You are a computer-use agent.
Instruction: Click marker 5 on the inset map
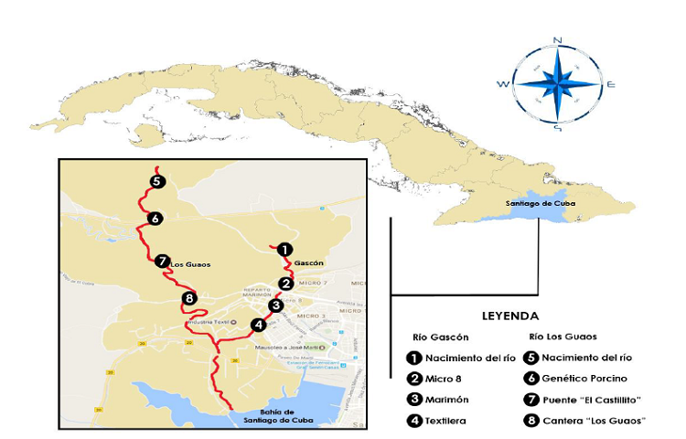[157, 181]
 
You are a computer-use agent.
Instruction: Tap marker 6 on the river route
[155, 219]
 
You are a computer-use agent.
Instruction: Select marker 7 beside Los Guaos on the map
[162, 261]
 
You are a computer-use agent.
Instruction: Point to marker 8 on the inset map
[189, 299]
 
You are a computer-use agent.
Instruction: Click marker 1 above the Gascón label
[284, 249]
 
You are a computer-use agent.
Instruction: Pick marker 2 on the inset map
[286, 284]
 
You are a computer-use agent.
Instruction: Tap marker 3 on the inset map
[274, 305]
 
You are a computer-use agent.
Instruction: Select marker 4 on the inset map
[259, 325]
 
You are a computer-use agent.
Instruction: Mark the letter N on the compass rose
[557, 39]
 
